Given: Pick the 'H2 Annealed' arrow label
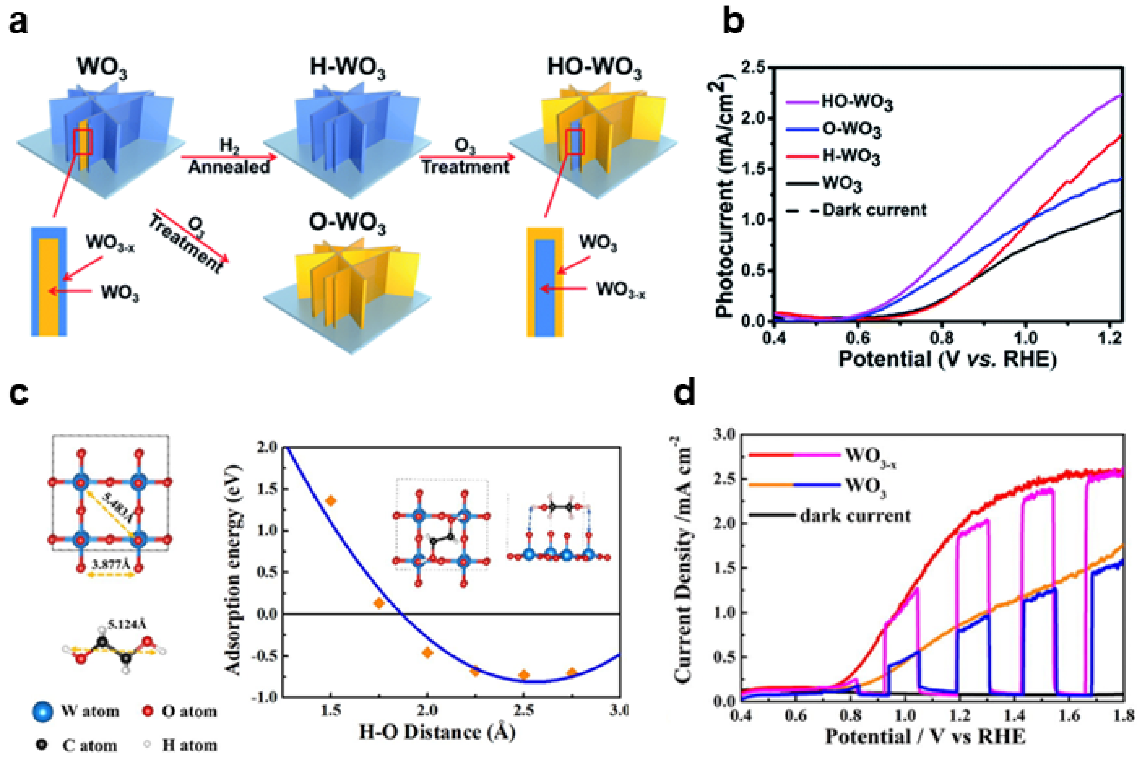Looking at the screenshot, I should pyautogui.click(x=229, y=157).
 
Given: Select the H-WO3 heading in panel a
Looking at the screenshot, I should pyautogui.click(x=347, y=68).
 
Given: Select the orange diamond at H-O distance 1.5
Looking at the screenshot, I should pyautogui.click(x=331, y=501).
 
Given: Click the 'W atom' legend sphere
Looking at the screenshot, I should pyautogui.click(x=43, y=711).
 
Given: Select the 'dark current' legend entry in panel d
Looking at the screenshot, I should pyautogui.click(x=855, y=515).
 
